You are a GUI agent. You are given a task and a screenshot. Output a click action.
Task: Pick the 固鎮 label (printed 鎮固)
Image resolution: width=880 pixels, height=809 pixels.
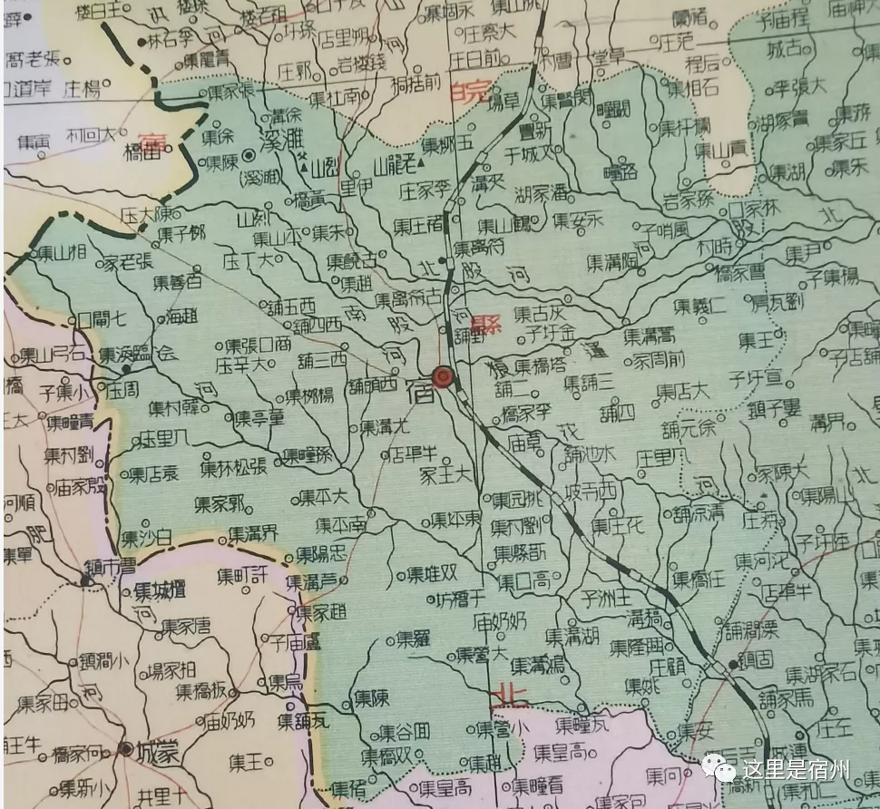pyautogui.click(x=754, y=659)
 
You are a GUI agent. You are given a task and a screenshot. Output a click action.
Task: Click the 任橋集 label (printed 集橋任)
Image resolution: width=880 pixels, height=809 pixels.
pyautogui.click(x=698, y=579)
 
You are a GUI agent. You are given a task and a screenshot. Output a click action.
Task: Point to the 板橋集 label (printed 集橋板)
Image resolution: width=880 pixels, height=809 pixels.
pyautogui.click(x=202, y=691)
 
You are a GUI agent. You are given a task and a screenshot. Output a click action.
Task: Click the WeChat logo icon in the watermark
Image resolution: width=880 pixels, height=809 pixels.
pyautogui.click(x=722, y=770)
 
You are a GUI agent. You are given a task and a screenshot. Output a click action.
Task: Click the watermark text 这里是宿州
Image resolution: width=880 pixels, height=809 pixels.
pyautogui.click(x=796, y=771)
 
